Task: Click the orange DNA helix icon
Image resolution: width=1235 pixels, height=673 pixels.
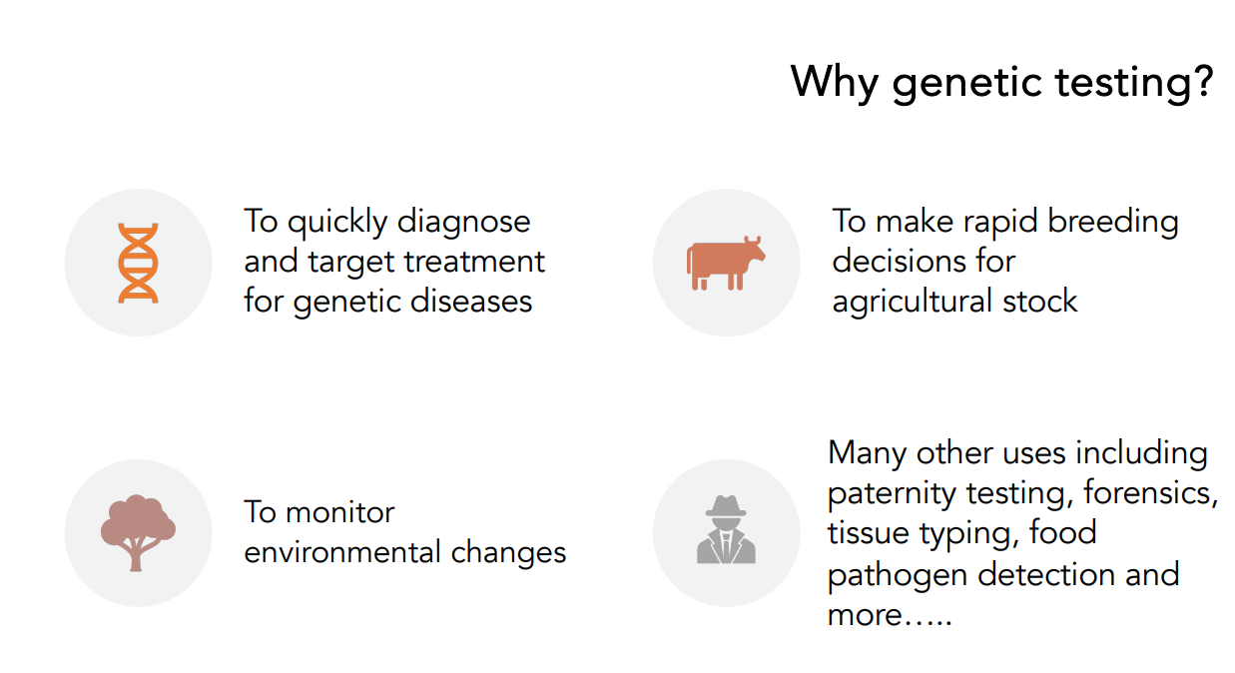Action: coord(139,263)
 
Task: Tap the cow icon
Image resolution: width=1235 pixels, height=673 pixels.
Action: coord(726,263)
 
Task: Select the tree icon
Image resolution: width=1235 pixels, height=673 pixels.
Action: coord(138,532)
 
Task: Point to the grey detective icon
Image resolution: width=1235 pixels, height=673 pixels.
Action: coord(726,529)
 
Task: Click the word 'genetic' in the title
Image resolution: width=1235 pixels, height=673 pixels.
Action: coord(968,83)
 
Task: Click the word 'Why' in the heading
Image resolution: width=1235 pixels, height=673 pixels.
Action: coord(834,82)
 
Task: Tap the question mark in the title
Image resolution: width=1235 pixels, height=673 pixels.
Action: coord(1202,81)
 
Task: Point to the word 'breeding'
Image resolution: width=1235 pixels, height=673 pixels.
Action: coord(1112,223)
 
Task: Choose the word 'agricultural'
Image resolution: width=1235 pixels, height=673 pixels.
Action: coord(913,303)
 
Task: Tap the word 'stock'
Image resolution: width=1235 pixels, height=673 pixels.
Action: coord(1040,302)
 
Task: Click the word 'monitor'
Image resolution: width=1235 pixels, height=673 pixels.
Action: coord(340,512)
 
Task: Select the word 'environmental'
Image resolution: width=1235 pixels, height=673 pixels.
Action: coord(342,552)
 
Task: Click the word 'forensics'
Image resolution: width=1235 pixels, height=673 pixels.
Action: coord(1150,491)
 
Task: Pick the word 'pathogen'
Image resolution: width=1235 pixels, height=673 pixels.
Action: coord(898,576)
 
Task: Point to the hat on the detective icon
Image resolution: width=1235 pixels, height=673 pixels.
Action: coord(726,506)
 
